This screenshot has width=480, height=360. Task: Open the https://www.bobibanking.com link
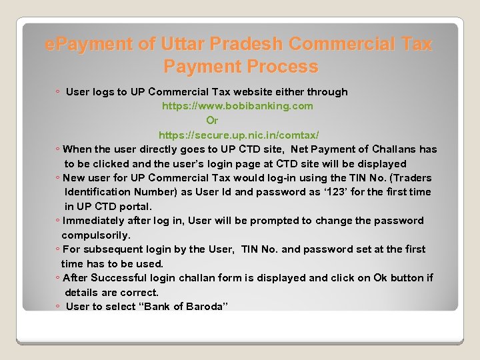tap(237, 106)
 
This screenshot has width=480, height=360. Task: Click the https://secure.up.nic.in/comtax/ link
tap(239, 135)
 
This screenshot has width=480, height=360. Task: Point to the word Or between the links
tap(212, 121)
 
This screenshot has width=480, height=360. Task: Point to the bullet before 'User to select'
tap(58, 307)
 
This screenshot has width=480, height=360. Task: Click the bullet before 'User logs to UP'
tap(58, 93)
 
